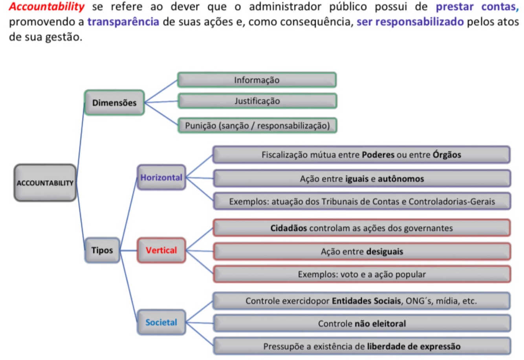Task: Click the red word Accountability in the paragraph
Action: pyautogui.click(x=47, y=7)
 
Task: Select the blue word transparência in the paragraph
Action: pyautogui.click(x=123, y=22)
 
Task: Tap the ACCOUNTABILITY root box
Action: pyautogui.click(x=45, y=183)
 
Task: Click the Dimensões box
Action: pyautogui.click(x=114, y=103)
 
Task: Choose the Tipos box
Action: pyautogui.click(x=102, y=250)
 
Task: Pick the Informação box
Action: pyautogui.click(x=257, y=80)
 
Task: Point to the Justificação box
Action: pyautogui.click(x=257, y=101)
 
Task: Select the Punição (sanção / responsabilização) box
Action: pyautogui.click(x=257, y=126)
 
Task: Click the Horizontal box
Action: pyautogui.click(x=161, y=177)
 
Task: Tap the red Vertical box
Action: pyautogui.click(x=161, y=250)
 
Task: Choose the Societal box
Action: pyautogui.click(x=161, y=322)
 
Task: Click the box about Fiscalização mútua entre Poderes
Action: pyautogui.click(x=361, y=155)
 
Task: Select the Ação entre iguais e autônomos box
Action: pyautogui.click(x=362, y=179)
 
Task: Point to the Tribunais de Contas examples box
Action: pyautogui.click(x=362, y=202)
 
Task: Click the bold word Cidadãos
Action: pyautogui.click(x=289, y=228)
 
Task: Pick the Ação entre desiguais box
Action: pyautogui.click(x=362, y=252)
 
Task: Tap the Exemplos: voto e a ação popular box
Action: pyautogui.click(x=362, y=274)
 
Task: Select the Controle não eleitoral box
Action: pyautogui.click(x=362, y=324)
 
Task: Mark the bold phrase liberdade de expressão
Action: pyautogui.click(x=414, y=347)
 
